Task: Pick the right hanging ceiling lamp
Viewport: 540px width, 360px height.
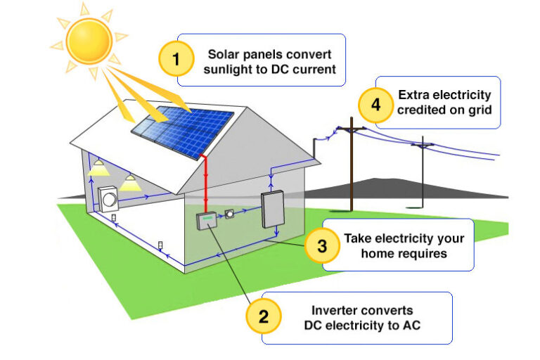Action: coord(129,184)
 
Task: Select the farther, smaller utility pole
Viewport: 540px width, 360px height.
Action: coord(422,172)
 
